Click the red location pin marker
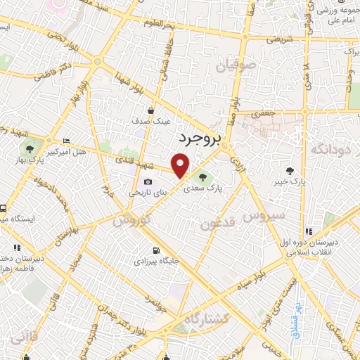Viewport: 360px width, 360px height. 181,166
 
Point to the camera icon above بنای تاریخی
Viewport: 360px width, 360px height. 148,182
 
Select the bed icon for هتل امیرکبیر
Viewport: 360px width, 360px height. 67,141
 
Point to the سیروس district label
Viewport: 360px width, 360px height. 264,214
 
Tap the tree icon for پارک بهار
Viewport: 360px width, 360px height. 30,148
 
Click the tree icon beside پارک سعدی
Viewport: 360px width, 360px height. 203,177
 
